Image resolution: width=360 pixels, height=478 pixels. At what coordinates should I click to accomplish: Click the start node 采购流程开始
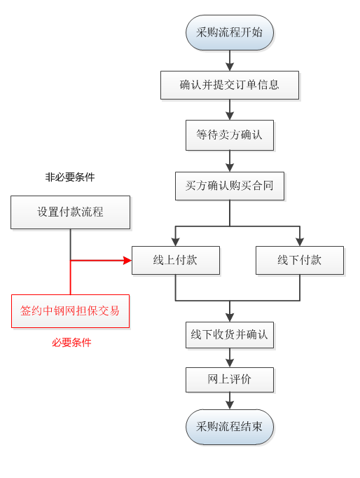[230, 33]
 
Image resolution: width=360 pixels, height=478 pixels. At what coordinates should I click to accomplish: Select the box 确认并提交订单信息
[230, 85]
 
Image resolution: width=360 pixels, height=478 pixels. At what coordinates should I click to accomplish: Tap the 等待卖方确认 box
[230, 135]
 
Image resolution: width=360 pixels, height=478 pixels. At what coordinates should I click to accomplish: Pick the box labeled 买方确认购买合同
[230, 186]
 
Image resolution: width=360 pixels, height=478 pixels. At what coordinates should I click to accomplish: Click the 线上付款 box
[176, 260]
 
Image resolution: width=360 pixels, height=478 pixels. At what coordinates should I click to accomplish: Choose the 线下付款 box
[300, 260]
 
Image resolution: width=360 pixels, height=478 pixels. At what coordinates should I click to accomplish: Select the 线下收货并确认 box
[230, 335]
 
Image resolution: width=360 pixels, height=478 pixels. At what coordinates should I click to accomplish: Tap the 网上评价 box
[230, 380]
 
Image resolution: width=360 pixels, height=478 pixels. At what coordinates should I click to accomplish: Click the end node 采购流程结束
[230, 427]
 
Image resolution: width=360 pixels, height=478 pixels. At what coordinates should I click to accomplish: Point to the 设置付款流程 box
[70, 212]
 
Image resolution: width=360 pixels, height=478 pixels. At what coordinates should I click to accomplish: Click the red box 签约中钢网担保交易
[70, 311]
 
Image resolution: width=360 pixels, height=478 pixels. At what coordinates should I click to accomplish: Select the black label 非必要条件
[70, 177]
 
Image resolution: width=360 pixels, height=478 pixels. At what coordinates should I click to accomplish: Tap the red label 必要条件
[71, 343]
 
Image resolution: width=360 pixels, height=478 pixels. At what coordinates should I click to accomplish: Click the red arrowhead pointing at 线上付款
[127, 260]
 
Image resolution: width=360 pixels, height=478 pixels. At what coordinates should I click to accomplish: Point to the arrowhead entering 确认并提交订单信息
[230, 67]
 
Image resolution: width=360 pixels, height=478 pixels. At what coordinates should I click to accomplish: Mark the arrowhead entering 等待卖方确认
[230, 116]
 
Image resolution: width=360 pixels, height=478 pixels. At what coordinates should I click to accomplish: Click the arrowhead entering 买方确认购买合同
[230, 168]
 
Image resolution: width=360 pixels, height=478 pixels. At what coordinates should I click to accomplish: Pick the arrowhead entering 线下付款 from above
[300, 242]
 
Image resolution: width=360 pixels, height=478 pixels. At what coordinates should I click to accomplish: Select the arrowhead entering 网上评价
[230, 363]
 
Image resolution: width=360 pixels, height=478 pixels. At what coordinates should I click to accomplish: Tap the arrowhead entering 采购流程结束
[230, 405]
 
